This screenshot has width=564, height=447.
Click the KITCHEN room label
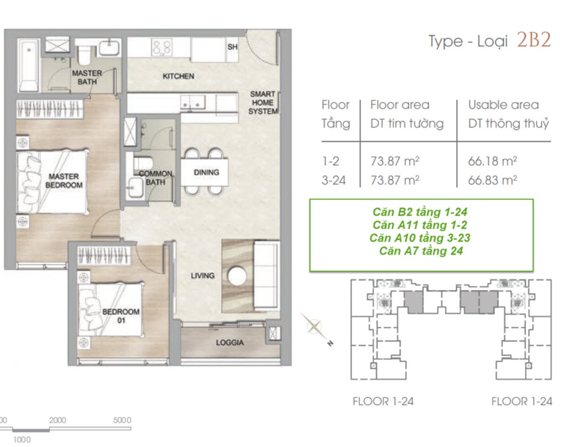178,76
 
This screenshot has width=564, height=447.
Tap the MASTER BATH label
87,77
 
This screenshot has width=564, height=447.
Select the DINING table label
206,172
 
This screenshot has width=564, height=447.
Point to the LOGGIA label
230,343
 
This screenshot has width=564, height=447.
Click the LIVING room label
203,275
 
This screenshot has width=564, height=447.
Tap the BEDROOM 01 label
121,316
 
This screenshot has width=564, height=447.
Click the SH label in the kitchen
232,47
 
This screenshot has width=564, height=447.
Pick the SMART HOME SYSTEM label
263,103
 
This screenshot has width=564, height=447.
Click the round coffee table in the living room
237,277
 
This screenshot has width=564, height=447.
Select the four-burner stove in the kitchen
162,48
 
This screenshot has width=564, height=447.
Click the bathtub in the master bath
28,65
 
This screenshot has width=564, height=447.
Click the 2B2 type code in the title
534,40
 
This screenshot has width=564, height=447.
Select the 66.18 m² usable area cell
493,161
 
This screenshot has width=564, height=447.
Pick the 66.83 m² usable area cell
493,180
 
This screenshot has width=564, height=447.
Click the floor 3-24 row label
333,180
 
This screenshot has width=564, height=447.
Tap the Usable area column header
504,105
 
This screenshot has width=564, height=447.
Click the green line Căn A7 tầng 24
421,250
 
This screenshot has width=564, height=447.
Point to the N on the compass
330,344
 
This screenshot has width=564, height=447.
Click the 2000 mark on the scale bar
57,420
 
